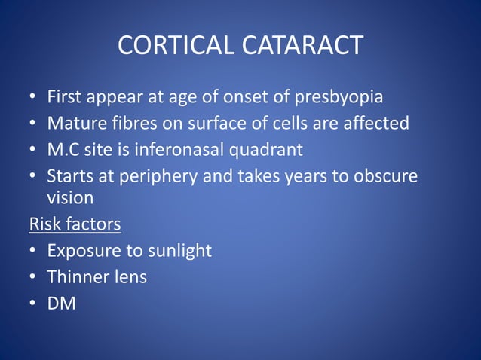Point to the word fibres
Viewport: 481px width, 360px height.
click(134, 123)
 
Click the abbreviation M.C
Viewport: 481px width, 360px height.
click(63, 148)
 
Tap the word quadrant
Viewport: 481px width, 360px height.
click(265, 148)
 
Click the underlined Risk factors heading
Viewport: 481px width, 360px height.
click(75, 224)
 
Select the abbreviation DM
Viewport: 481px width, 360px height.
click(61, 303)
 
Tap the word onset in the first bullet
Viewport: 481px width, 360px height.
click(222, 97)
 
